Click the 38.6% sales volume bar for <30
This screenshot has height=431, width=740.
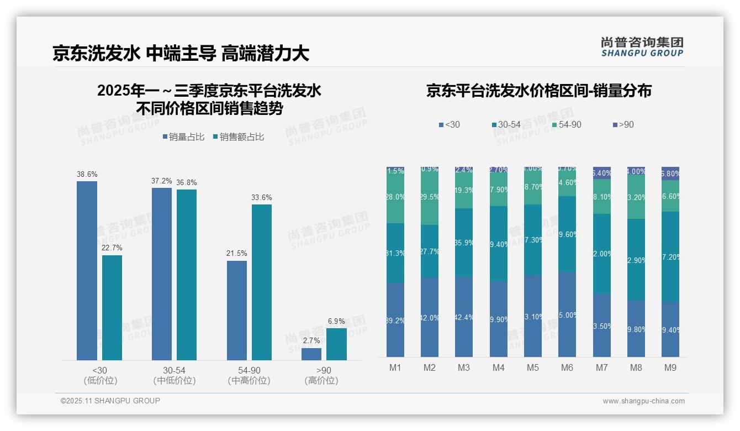pos(87,271)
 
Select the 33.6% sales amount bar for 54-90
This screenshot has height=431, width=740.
pos(262,282)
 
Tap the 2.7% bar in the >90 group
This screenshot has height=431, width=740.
pos(311,354)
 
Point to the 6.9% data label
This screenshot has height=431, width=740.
pos(336,321)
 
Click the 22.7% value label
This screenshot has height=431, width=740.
pos(112,248)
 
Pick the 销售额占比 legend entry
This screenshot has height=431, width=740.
pos(238,137)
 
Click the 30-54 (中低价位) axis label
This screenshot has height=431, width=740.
pos(175,375)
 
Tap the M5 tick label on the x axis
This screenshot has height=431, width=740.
pos(533,367)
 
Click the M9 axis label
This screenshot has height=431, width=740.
pos(670,367)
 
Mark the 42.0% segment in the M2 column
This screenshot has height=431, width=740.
pos(430,317)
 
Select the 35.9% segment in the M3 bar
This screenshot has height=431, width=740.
pos(464,243)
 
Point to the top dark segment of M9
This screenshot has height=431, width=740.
pos(670,174)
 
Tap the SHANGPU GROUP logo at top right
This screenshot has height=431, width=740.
pos(642,47)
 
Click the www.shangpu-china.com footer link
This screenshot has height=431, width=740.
pos(643,401)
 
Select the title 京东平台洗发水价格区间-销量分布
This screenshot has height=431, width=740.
pos(538,91)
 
